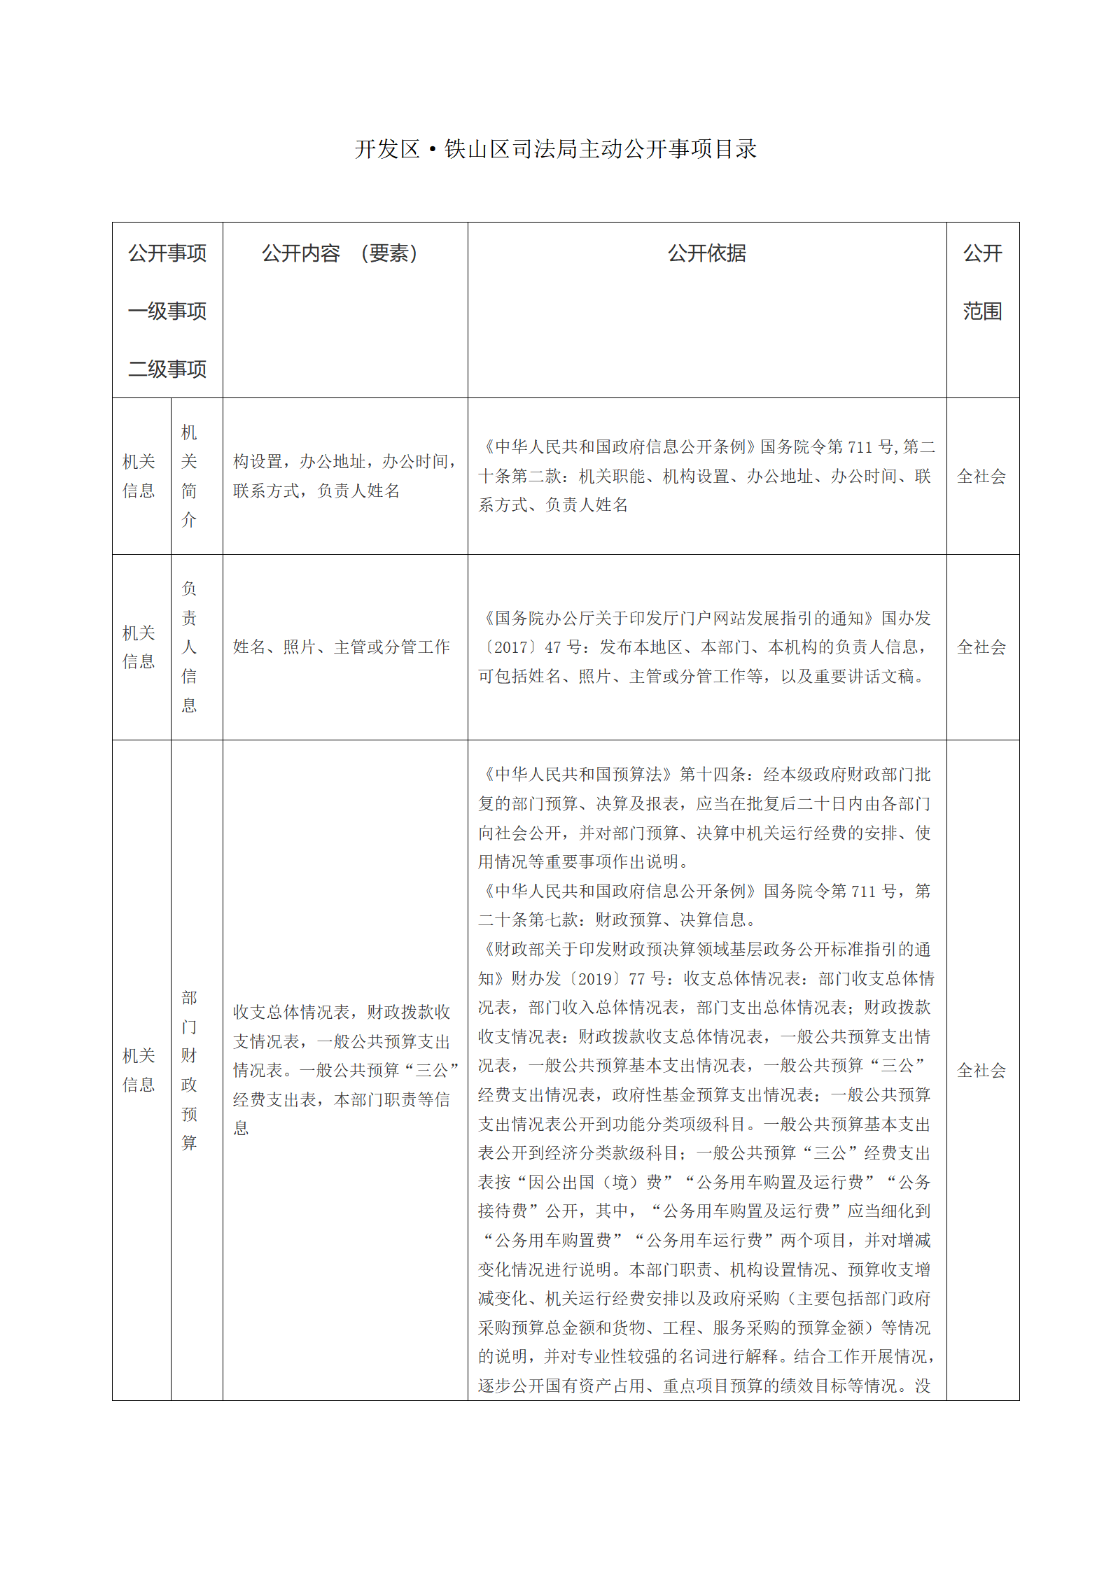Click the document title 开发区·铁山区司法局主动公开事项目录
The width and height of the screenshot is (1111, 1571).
click(x=556, y=149)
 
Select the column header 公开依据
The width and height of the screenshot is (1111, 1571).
click(x=706, y=253)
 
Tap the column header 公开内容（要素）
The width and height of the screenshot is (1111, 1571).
click(x=340, y=253)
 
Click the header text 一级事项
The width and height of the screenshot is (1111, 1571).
click(x=167, y=311)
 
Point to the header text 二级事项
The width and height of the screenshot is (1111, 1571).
click(x=167, y=369)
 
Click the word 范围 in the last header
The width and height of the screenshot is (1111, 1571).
click(x=982, y=311)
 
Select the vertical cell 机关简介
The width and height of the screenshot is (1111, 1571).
click(x=189, y=476)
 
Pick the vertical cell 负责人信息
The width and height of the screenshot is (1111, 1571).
click(x=189, y=647)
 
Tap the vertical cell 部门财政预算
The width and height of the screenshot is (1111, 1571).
click(x=189, y=1070)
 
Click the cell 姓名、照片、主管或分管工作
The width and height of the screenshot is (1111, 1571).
click(x=342, y=647)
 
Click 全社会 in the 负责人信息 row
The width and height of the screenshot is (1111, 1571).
click(x=981, y=647)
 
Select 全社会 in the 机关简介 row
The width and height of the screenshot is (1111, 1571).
click(x=981, y=477)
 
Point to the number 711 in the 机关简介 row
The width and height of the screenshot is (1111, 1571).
click(x=861, y=447)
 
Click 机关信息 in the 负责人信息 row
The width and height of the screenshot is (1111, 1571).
click(x=139, y=647)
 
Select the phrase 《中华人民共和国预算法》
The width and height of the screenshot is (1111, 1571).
click(x=577, y=775)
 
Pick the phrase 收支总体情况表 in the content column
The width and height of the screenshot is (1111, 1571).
click(x=291, y=1012)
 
